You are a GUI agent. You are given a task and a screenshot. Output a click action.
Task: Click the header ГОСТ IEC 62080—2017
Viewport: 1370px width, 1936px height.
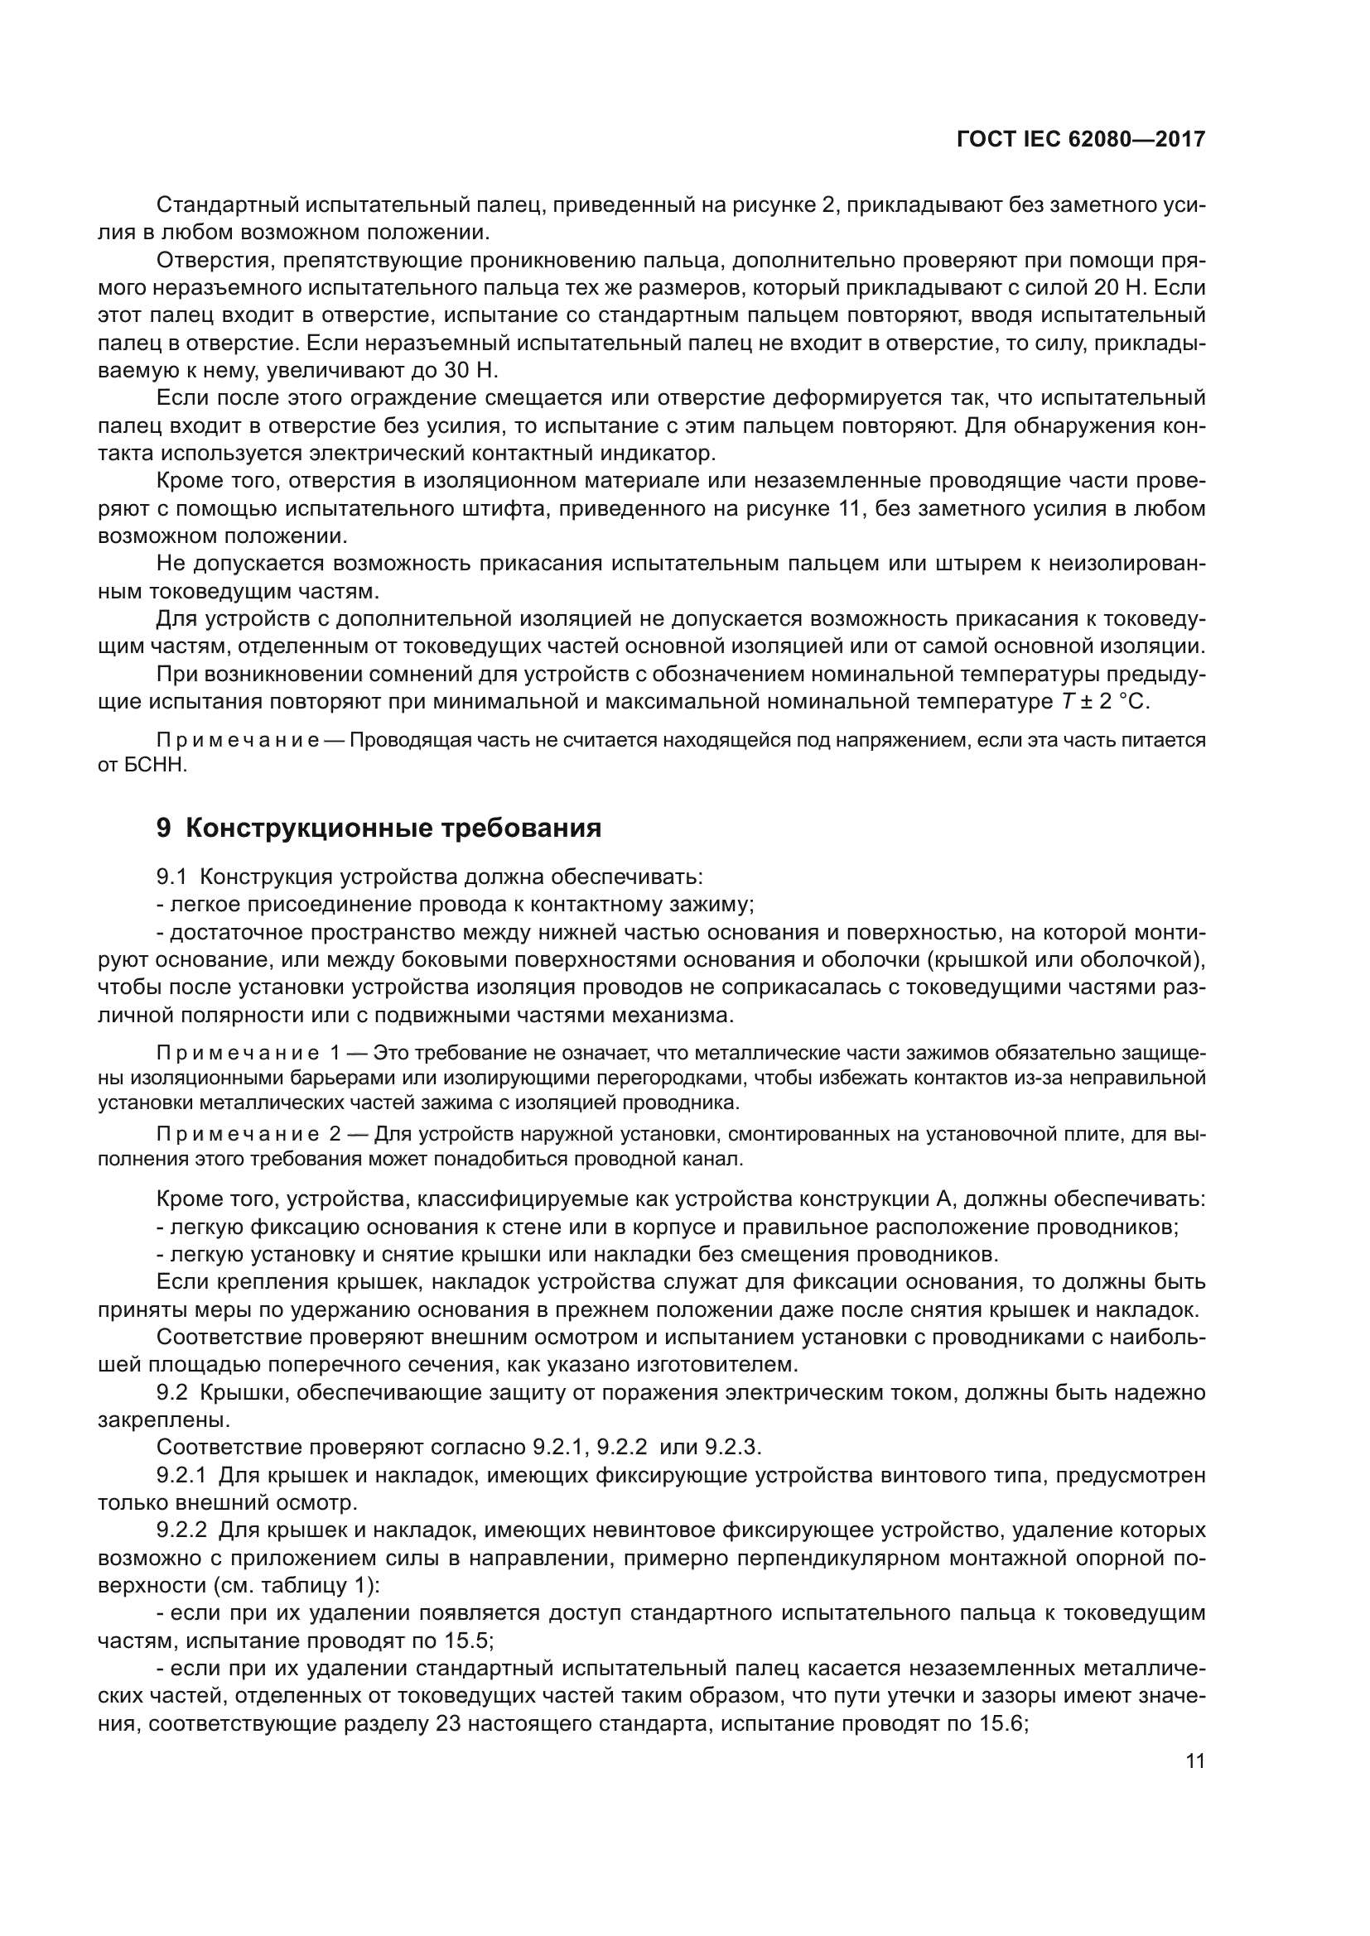[1081, 140]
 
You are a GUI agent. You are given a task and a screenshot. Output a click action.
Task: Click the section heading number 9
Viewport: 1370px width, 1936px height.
[164, 828]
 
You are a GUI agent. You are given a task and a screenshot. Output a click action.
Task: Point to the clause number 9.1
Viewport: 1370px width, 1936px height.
[171, 876]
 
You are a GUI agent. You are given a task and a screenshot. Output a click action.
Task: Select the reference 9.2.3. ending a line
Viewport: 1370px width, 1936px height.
[732, 1447]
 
